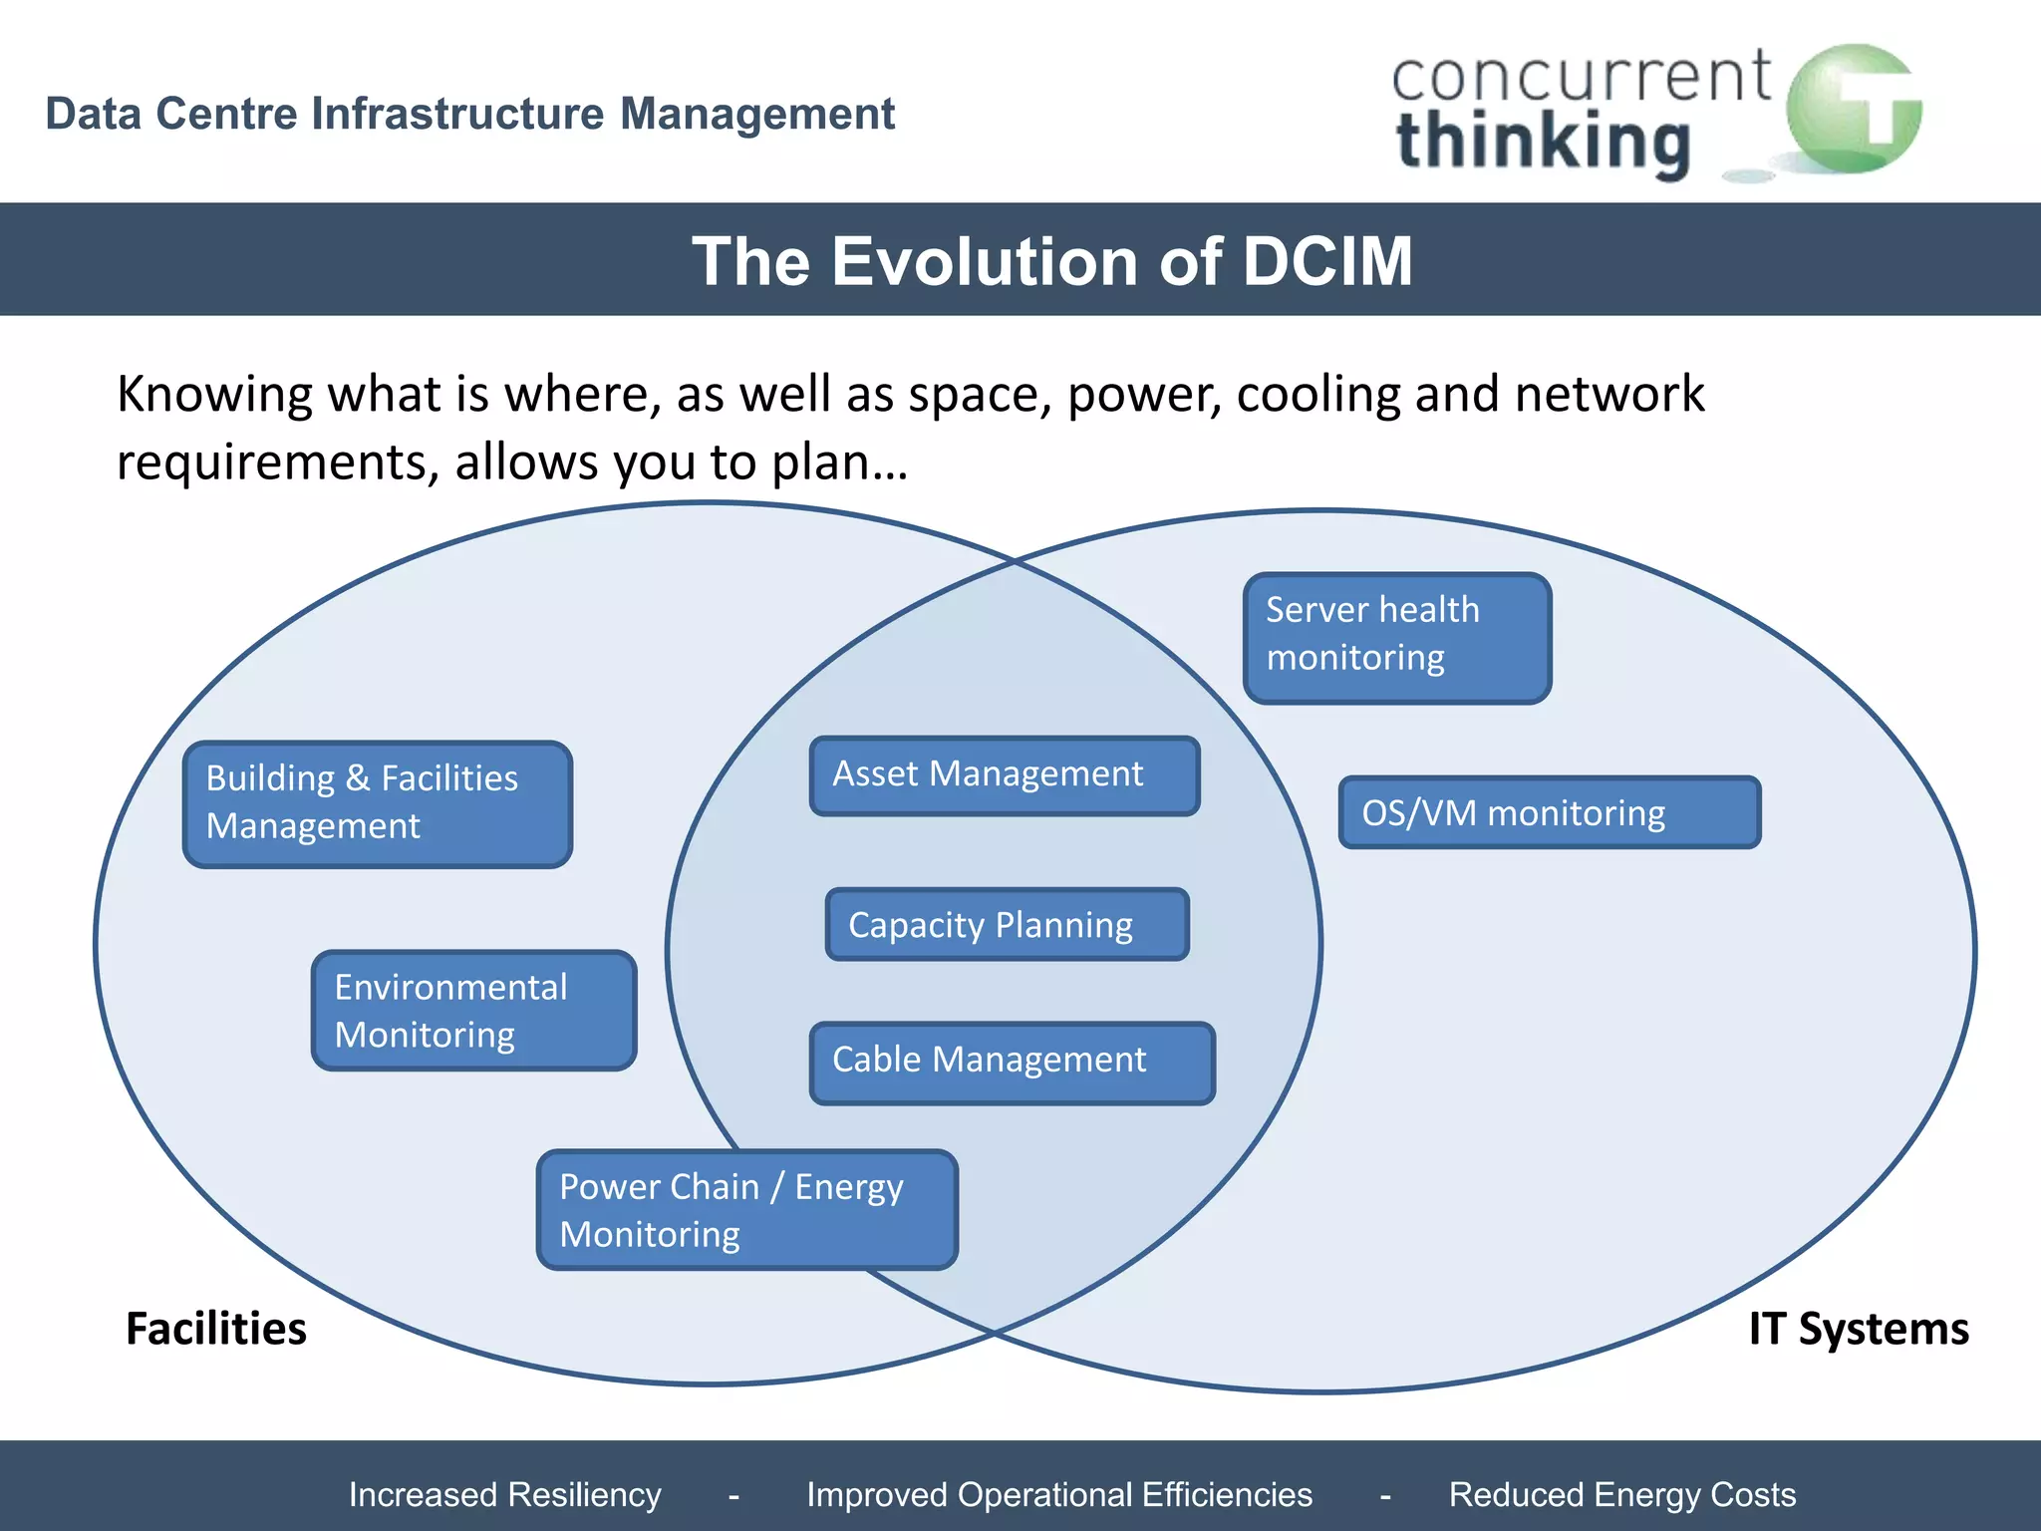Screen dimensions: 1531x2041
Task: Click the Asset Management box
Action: [1005, 775]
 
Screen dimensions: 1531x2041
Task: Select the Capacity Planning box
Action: [1007, 925]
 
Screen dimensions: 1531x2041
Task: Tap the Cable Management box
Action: [1012, 1063]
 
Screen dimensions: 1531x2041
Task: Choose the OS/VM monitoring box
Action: [1549, 812]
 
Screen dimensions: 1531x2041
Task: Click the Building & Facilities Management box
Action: [378, 803]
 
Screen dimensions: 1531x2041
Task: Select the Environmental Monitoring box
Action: [473, 1011]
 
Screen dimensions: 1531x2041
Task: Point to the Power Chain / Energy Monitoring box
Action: [746, 1209]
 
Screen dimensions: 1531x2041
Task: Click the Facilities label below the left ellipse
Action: [216, 1329]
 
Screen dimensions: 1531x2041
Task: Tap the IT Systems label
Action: [1859, 1329]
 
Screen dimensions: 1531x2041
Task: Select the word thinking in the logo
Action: [1544, 143]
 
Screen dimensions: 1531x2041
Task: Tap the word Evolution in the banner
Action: [984, 261]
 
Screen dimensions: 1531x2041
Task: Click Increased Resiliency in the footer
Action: [504, 1494]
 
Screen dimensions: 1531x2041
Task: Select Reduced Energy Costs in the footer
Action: [1621, 1494]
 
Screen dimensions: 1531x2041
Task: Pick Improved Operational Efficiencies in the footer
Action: [1058, 1494]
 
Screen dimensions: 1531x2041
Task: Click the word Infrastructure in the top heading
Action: [457, 114]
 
